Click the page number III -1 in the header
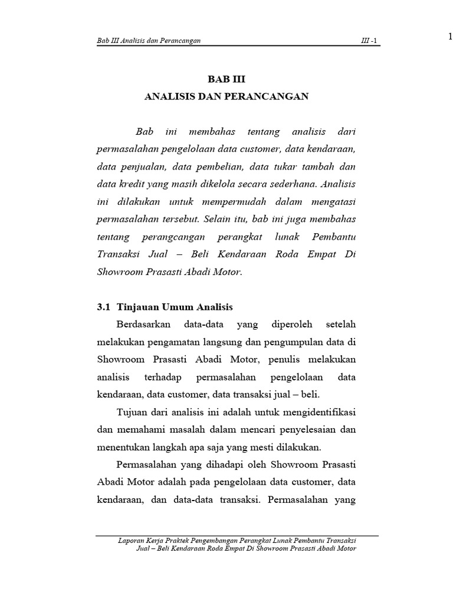tap(370, 40)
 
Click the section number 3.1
tap(103, 307)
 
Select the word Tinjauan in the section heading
tap(139, 307)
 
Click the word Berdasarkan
tap(145, 324)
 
